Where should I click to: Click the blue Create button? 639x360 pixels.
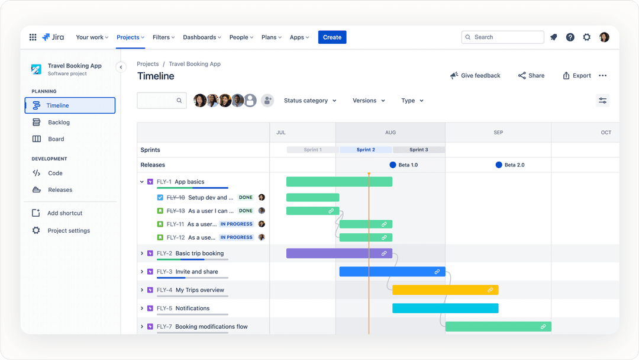(x=332, y=37)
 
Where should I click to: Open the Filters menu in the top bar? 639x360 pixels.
(x=163, y=37)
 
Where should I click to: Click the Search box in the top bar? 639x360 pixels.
(x=502, y=37)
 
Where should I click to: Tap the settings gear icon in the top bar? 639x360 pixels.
(x=586, y=37)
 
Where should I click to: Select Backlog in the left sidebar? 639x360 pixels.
(x=59, y=123)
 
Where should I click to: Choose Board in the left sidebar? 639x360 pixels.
(x=56, y=139)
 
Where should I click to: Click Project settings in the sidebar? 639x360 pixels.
(x=69, y=231)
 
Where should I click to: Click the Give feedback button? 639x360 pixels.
(x=475, y=76)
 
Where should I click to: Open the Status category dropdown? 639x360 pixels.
(x=310, y=101)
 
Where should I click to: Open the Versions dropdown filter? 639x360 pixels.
(x=369, y=101)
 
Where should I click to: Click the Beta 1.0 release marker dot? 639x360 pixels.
(x=393, y=165)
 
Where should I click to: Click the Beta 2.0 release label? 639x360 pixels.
(x=514, y=165)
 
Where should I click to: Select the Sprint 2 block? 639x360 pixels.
(x=366, y=150)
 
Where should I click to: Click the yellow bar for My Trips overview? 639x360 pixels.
(x=445, y=290)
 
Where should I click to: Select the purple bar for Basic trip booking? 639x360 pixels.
(x=339, y=253)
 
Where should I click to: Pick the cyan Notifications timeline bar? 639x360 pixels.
(x=445, y=308)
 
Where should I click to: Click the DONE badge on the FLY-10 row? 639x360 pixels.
(x=246, y=198)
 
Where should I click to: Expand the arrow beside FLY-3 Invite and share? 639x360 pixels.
(x=142, y=272)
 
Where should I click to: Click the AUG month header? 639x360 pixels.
(x=390, y=133)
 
